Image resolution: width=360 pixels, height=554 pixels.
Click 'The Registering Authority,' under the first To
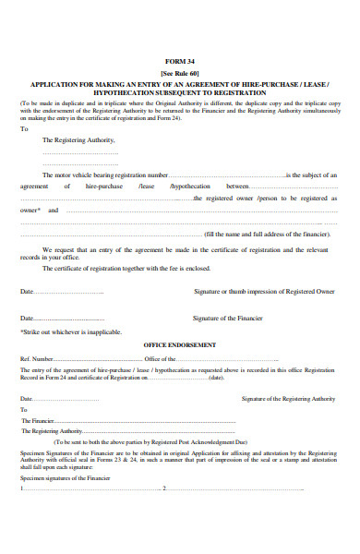[x=79, y=139]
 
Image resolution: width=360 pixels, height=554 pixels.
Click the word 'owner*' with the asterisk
[x=30, y=210]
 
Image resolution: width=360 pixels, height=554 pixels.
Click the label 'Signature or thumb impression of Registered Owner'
[x=263, y=291]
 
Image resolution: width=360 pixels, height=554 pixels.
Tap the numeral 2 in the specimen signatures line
[x=163, y=488]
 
